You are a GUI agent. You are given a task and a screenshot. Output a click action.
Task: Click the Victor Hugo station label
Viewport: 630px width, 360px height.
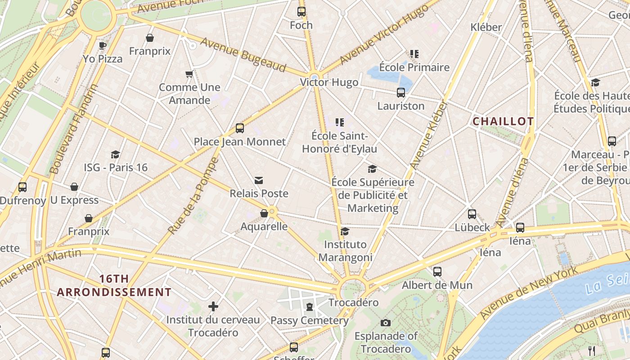[x=329, y=82]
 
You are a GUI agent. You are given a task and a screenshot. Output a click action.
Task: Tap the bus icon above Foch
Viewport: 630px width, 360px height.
[x=301, y=12]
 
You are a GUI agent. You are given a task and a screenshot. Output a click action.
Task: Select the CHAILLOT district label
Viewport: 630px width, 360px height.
[x=503, y=121]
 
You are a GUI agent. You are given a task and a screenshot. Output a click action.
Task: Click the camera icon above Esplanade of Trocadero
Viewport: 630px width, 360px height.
[x=385, y=323]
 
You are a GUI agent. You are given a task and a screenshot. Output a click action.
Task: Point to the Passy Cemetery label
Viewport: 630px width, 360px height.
[x=310, y=321]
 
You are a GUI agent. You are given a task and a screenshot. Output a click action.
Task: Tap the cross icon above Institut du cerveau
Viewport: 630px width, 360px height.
[x=213, y=307]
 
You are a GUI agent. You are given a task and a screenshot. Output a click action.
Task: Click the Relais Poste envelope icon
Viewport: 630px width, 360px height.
[x=259, y=180]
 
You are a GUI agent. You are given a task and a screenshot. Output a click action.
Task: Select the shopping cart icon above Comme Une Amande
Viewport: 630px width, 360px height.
[x=189, y=74]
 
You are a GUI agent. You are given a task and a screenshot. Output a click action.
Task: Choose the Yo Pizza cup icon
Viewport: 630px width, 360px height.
[x=103, y=45]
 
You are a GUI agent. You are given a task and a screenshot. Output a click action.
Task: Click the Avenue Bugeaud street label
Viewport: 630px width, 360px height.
[x=243, y=55]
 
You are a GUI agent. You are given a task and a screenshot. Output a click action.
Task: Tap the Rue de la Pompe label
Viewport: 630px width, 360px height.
[x=193, y=195]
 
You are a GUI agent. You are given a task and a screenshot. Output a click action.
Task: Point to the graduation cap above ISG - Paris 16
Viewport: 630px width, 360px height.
[x=116, y=154]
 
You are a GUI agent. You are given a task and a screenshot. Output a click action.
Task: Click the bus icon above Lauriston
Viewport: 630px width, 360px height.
[x=401, y=93]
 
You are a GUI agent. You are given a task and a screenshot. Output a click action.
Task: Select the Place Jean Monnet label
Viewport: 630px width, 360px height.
[x=239, y=142]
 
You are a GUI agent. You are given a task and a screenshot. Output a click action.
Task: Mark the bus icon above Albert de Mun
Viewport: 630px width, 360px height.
[x=437, y=272]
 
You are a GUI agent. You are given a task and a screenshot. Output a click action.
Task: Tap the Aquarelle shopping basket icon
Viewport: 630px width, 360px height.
[x=264, y=213]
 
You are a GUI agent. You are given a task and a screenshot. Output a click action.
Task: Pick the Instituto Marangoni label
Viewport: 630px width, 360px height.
[x=345, y=251]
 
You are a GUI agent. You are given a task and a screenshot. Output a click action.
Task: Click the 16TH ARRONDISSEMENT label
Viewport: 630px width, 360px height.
[x=114, y=285]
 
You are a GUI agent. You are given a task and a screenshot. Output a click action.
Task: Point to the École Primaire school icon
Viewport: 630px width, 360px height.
[x=414, y=54]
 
